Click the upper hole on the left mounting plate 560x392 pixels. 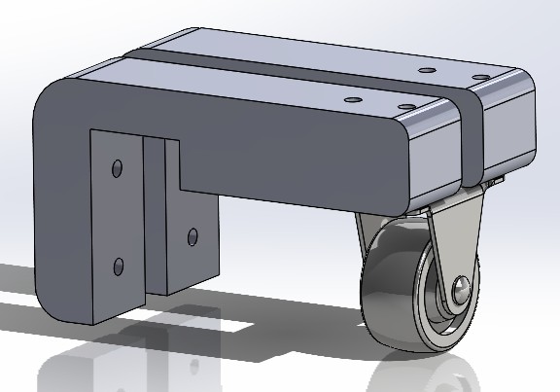pos(117,168)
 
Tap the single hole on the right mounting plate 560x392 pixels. pos(192,235)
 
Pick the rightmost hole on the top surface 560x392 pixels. pos(479,76)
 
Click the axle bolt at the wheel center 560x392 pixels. pos(462,289)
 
